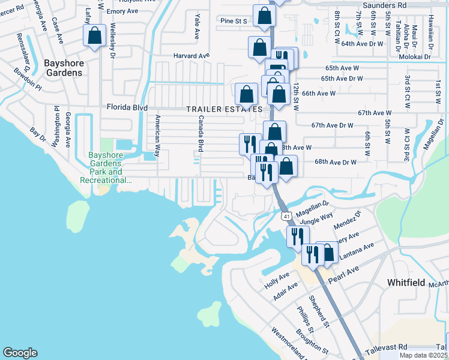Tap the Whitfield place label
(406, 282)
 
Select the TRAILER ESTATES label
(224, 109)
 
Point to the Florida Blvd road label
(127, 107)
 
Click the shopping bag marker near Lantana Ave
(327, 253)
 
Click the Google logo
(20, 353)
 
